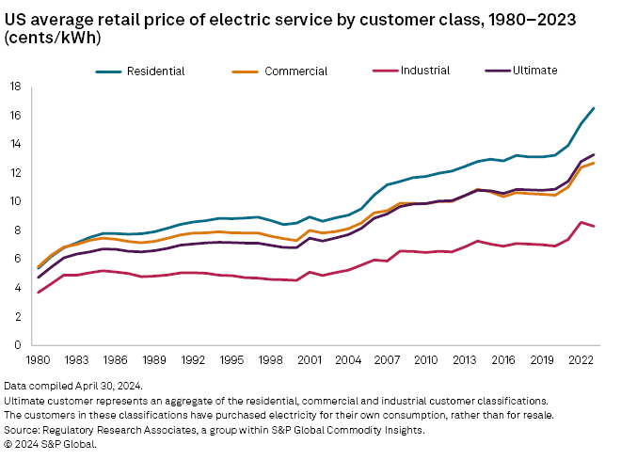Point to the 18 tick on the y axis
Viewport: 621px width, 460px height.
click(x=14, y=87)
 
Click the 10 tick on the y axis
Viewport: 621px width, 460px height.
click(x=14, y=201)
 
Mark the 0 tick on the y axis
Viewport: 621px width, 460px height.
click(x=17, y=345)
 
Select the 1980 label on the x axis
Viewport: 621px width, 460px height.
click(x=39, y=359)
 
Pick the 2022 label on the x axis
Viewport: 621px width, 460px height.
click(x=580, y=359)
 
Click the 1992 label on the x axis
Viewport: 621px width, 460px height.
click(x=194, y=359)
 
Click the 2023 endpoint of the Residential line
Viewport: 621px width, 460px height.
click(x=593, y=108)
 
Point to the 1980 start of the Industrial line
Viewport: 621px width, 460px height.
click(x=39, y=293)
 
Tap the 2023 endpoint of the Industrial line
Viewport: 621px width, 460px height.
click(x=593, y=227)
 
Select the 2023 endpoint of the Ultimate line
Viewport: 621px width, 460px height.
click(x=593, y=155)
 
